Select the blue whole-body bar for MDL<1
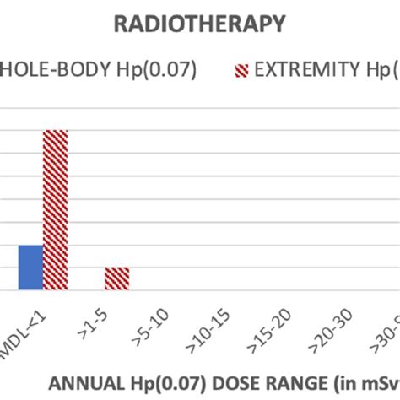[x=30, y=268]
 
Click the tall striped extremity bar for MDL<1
[x=55, y=210]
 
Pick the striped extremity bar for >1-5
[x=117, y=278]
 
